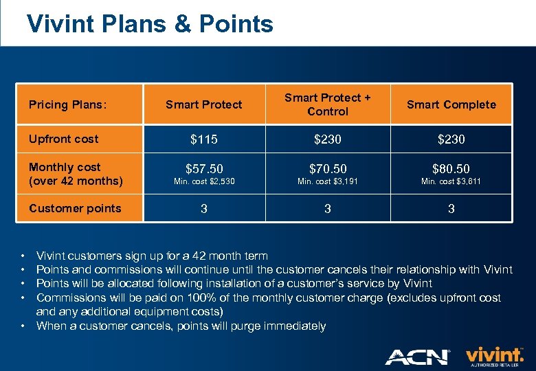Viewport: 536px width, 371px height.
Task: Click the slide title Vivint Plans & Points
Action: (150, 24)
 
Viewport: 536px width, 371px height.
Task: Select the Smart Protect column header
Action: (204, 104)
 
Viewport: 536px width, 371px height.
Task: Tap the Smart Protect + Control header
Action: (328, 104)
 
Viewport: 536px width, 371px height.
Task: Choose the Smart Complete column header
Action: (451, 104)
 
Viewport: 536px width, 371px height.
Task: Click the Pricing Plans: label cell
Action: (67, 104)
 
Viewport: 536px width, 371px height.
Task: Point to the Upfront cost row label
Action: (63, 139)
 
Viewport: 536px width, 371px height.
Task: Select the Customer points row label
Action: (75, 208)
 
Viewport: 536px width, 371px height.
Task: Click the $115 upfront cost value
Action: (204, 139)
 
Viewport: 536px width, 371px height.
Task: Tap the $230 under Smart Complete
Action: (451, 139)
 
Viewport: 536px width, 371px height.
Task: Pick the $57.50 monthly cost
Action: (204, 168)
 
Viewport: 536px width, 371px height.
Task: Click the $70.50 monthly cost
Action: (328, 168)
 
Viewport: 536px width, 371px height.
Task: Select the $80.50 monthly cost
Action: (451, 168)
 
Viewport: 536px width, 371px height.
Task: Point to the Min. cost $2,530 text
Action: (204, 181)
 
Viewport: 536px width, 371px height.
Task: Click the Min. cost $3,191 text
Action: (328, 181)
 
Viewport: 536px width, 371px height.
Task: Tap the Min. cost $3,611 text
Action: (451, 181)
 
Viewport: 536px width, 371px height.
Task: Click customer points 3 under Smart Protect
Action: (204, 209)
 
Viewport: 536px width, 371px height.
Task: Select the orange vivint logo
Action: (494, 354)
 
